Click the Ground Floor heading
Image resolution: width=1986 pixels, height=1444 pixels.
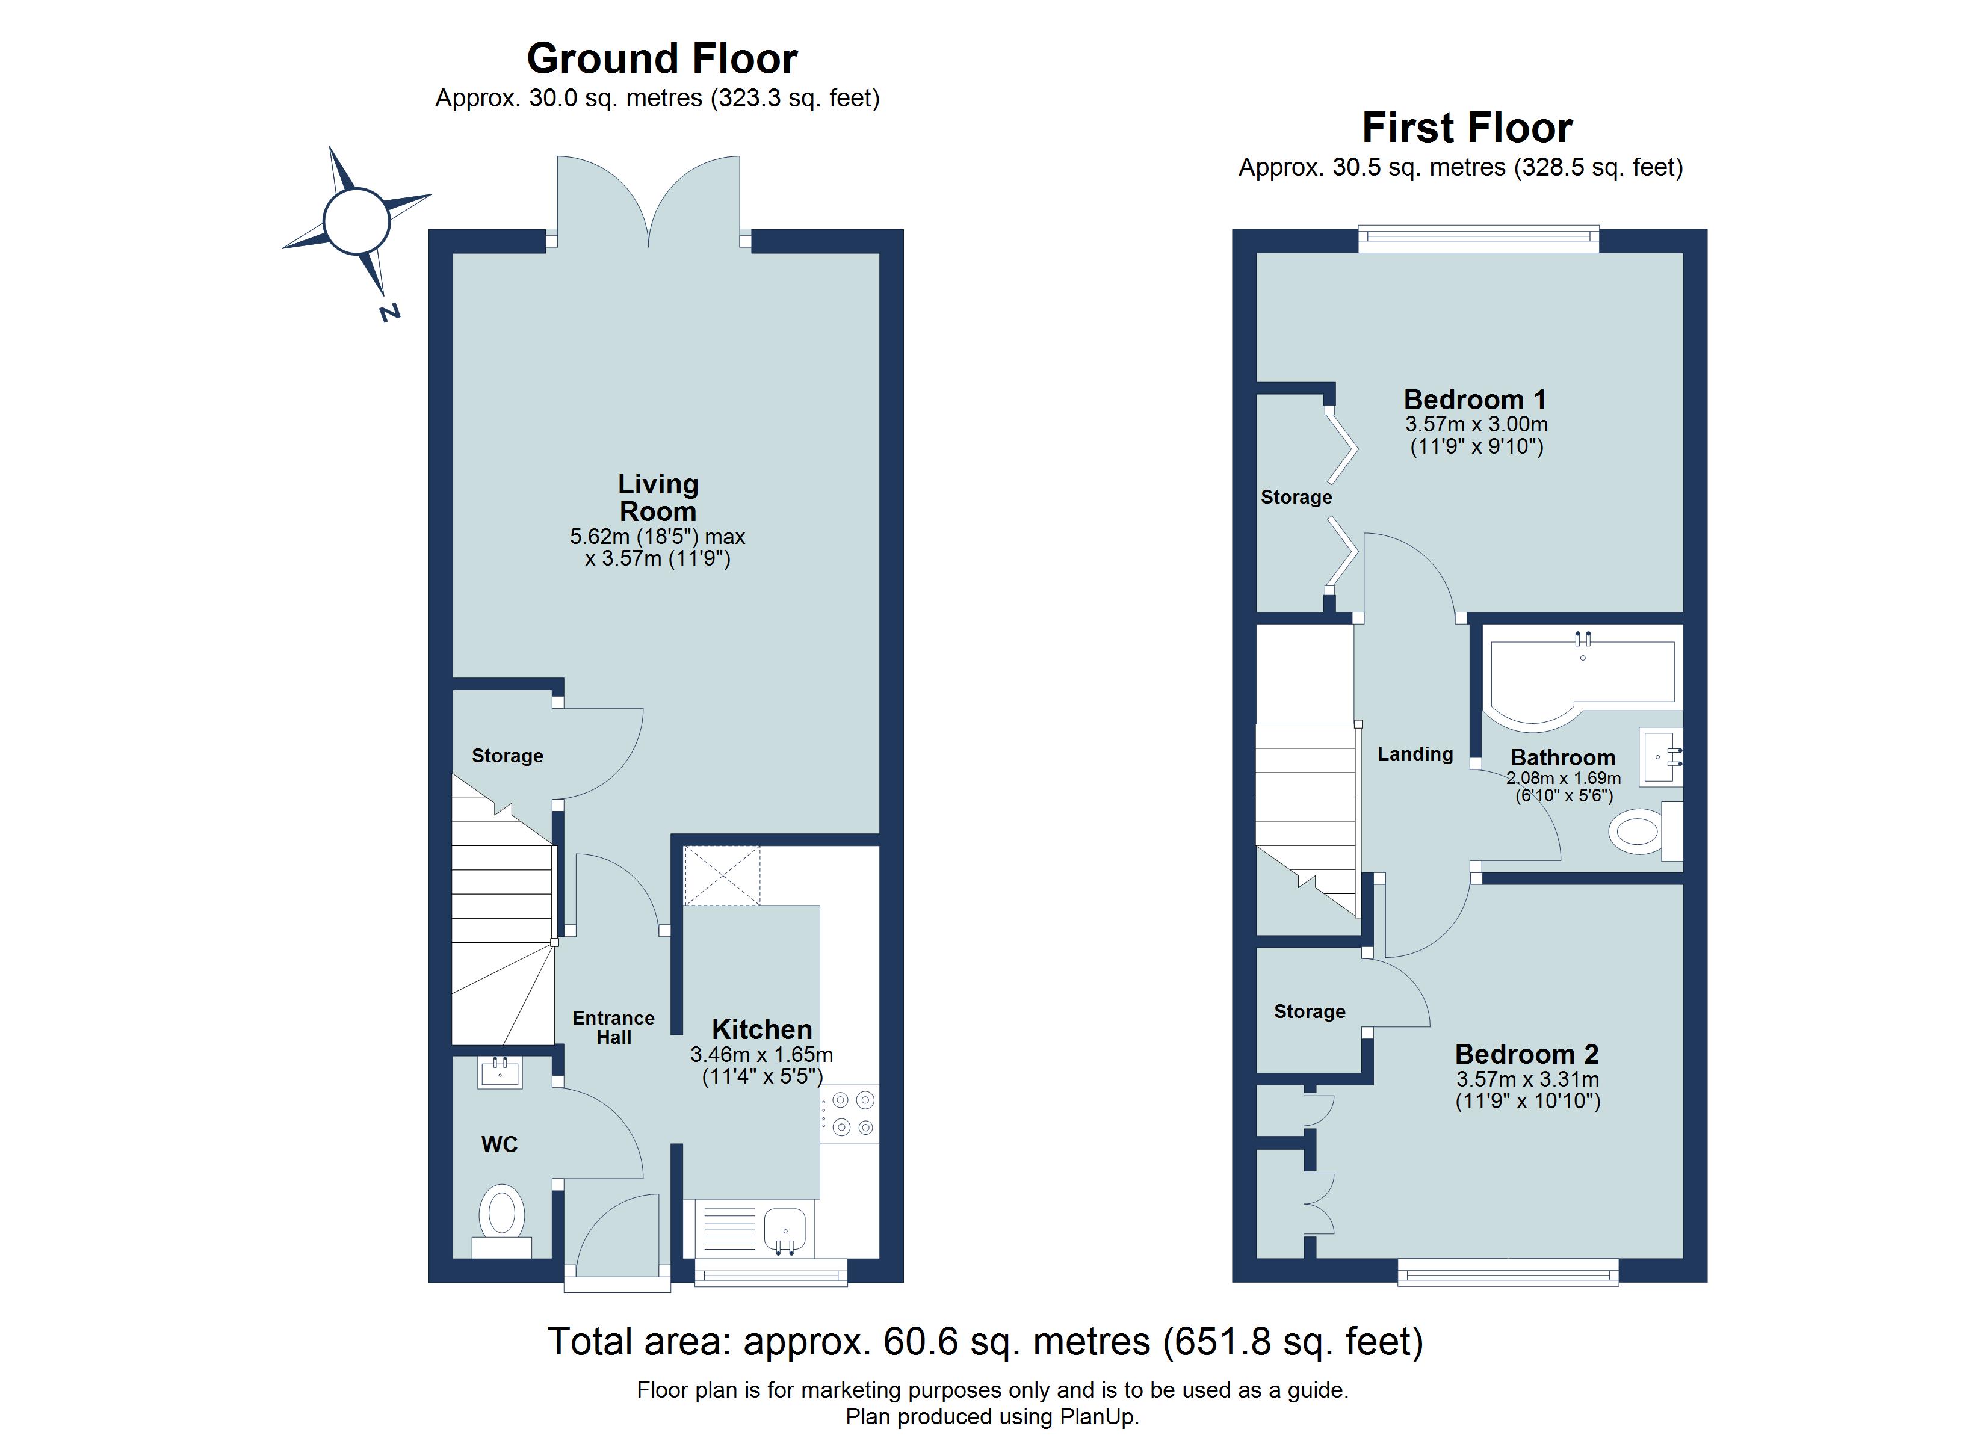click(x=662, y=59)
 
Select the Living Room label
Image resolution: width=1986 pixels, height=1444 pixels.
click(x=658, y=498)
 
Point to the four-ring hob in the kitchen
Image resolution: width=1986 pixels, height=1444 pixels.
click(x=849, y=1114)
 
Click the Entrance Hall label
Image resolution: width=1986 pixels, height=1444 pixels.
click(x=614, y=1027)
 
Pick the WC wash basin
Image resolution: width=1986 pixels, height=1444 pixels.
click(x=500, y=1073)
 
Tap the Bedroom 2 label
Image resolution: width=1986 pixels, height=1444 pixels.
click(x=1527, y=1054)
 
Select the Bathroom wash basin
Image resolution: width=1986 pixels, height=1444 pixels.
click(x=1662, y=756)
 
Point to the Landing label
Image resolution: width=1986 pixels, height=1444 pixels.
click(x=1415, y=754)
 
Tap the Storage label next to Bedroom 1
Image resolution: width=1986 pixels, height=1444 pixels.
click(x=1296, y=498)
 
